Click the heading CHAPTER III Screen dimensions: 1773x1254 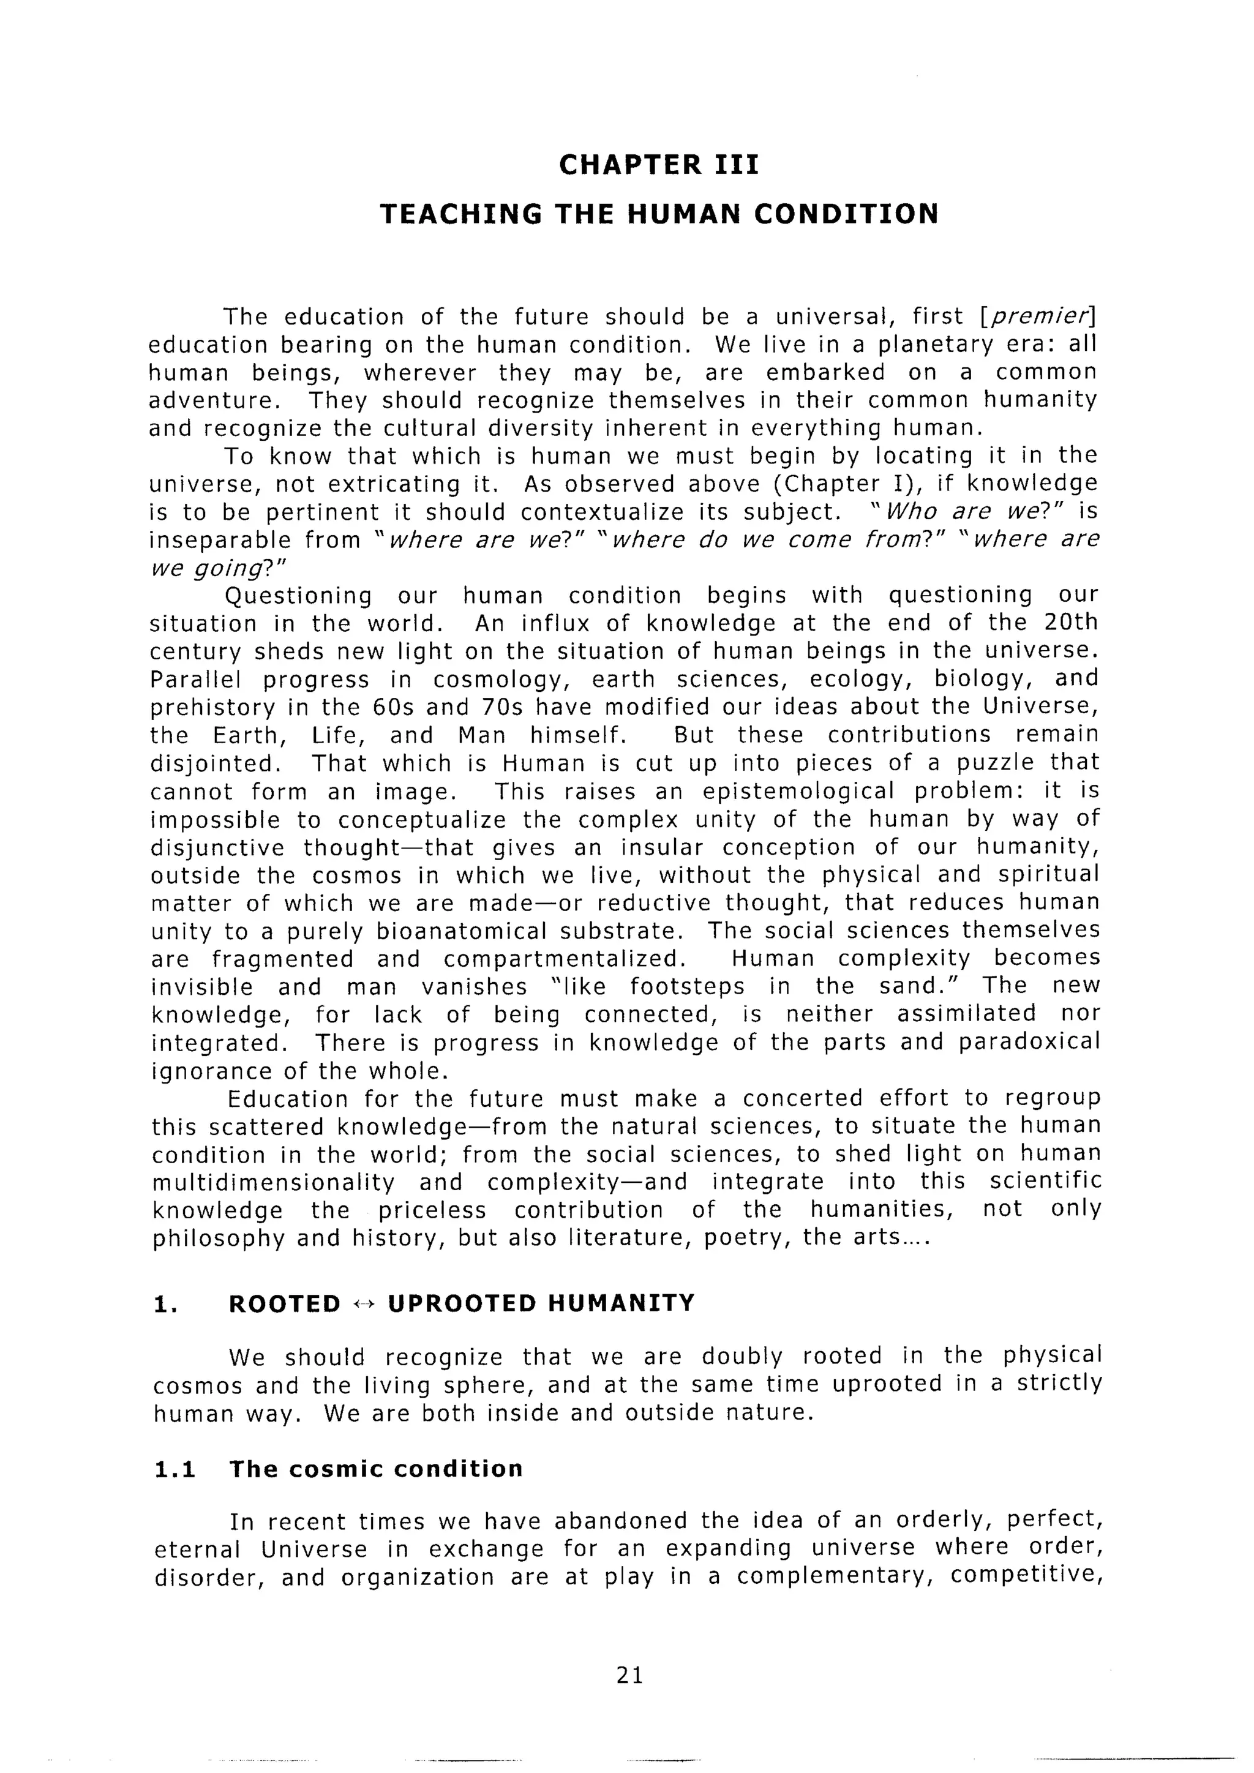659,165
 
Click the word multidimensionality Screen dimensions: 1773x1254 273,1183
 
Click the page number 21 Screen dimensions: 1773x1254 630,1675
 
